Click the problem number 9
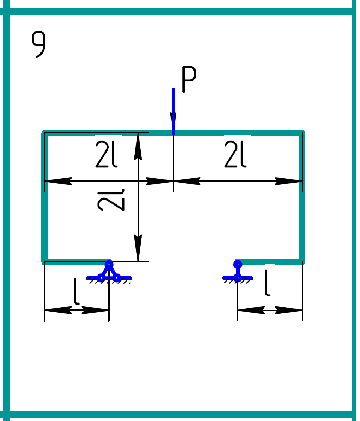point(39,44)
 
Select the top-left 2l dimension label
point(107,157)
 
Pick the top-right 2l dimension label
point(235,157)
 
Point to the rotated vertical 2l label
point(111,199)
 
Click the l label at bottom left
point(77,293)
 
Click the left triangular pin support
point(109,272)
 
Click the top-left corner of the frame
point(44,132)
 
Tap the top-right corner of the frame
point(302,132)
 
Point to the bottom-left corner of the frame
point(44,261)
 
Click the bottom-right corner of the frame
point(302,261)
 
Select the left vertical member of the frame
point(44,197)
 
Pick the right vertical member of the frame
point(302,197)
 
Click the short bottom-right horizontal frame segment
point(270,261)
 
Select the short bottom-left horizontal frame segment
point(76,261)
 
